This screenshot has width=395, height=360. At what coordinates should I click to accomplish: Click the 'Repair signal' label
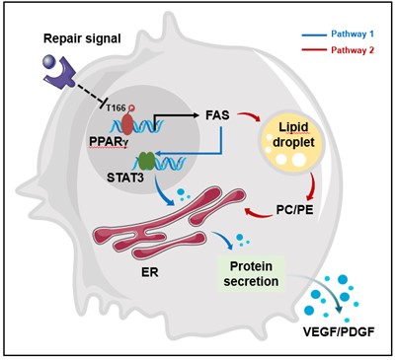pos(82,39)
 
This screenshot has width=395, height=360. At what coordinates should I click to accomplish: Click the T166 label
pos(116,108)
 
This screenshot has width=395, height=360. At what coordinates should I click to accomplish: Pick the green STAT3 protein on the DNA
pos(146,160)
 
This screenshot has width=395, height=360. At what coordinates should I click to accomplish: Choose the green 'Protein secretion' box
pos(251,273)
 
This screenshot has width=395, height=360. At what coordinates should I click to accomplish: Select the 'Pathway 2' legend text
pos(353,50)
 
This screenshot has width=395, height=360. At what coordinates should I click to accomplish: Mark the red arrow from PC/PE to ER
pos(261,214)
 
